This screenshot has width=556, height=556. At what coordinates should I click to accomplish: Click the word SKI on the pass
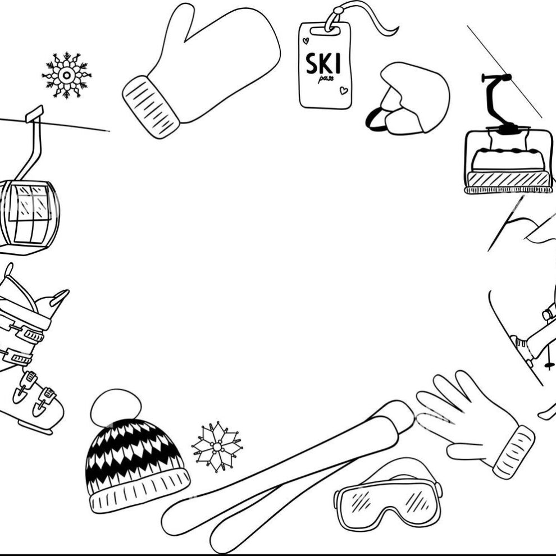coord(323,64)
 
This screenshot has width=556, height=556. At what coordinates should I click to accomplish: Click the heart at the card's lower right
coord(344,90)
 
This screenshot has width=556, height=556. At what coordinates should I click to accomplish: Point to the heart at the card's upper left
coord(306,41)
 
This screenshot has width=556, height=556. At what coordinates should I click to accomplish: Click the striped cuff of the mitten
coord(151,107)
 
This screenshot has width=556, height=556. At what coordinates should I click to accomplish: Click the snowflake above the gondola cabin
coord(66,75)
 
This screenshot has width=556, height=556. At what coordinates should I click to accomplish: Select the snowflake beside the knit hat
coord(217,447)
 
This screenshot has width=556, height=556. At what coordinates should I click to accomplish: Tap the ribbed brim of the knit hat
coord(140,491)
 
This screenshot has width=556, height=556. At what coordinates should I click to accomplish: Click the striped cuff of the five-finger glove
coord(513,452)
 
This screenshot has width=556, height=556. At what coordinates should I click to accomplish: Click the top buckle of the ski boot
coord(29,332)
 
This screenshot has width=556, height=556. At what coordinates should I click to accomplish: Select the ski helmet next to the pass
coord(408,99)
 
